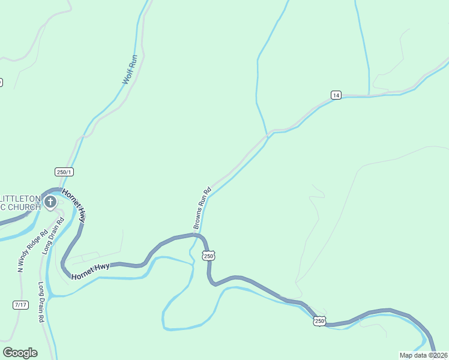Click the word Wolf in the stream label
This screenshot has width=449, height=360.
(127, 77)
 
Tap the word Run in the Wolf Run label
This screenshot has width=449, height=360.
(133, 61)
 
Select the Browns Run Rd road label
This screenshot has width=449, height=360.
(202, 208)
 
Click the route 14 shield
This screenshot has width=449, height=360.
(336, 95)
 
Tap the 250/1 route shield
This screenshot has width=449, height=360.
(64, 172)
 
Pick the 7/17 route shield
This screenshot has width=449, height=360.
(20, 305)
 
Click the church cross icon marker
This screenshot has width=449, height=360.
(50, 202)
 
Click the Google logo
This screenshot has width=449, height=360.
(20, 353)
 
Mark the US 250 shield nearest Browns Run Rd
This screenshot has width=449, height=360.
(208, 256)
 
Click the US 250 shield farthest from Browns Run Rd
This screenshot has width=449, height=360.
(319, 321)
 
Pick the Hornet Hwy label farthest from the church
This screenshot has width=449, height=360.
(91, 270)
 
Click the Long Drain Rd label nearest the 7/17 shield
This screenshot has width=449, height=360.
(41, 303)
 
